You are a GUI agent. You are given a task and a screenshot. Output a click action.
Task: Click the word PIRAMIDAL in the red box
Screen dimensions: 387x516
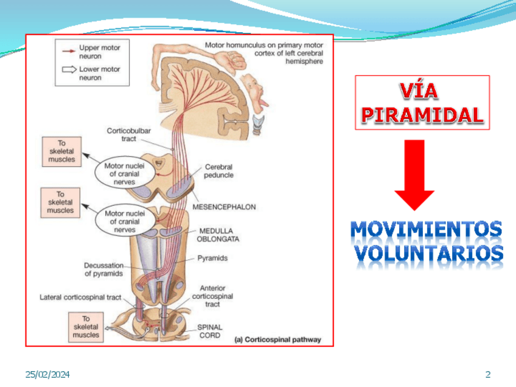click(x=422, y=114)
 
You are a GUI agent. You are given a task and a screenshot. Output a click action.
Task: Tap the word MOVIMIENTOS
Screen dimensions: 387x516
click(x=427, y=231)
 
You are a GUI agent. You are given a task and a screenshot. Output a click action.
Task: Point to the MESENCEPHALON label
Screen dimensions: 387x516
click(x=224, y=207)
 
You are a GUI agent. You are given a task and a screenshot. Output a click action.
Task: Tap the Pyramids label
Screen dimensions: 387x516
click(x=212, y=258)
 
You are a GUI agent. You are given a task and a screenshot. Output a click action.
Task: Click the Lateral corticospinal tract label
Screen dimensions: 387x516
click(x=80, y=298)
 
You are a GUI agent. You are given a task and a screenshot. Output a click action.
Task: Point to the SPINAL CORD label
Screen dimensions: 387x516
click(x=210, y=331)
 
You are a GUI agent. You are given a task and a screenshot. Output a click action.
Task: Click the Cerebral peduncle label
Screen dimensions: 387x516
click(x=219, y=171)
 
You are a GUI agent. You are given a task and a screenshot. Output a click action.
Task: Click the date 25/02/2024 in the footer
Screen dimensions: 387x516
click(x=47, y=374)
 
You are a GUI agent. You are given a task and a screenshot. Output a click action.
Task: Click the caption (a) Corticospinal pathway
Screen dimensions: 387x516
click(x=278, y=340)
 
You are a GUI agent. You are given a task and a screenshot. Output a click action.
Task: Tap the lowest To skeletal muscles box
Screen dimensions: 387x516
click(x=86, y=327)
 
